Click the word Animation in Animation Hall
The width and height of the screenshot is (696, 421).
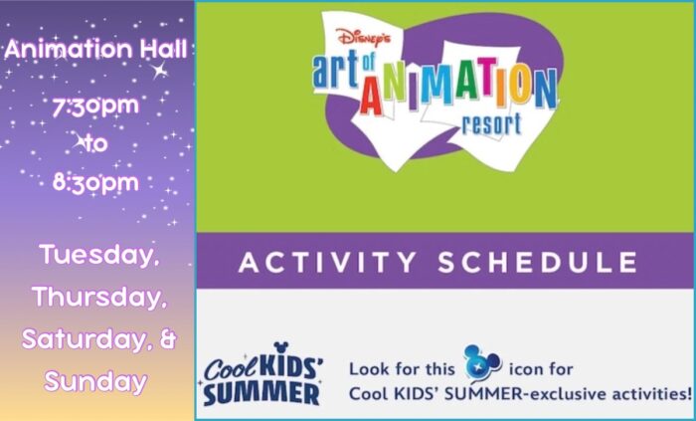pos(70,49)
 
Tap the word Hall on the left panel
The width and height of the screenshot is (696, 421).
pos(163,49)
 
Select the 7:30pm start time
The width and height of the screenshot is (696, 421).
pos(95,106)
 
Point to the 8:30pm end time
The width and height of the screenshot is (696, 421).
pos(95,182)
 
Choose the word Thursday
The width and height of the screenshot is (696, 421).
pos(99,297)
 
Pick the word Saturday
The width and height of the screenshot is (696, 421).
pos(85,338)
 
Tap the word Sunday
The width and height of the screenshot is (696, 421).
pos(95,381)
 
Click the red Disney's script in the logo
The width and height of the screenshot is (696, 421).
pos(364,37)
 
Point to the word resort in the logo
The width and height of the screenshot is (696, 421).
pos(491,123)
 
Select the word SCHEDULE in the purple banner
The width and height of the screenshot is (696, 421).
pos(538,262)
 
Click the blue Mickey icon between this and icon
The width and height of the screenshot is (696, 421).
pos(482,363)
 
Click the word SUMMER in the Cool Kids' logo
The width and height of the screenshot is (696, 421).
pos(261,394)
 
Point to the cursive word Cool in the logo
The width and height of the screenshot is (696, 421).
pos(230,368)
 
